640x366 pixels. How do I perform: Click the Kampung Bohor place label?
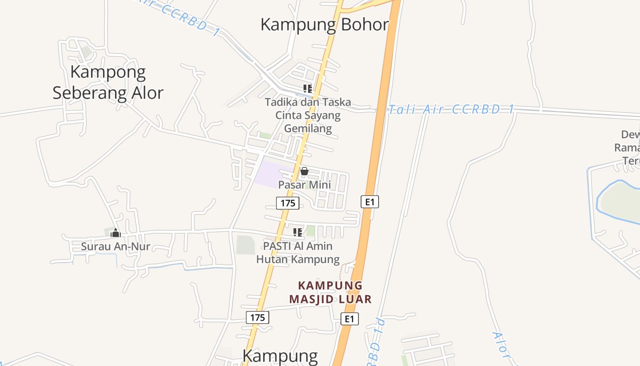(325, 24)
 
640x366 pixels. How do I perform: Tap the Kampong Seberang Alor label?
(108, 82)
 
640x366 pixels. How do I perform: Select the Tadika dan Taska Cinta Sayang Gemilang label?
(308, 115)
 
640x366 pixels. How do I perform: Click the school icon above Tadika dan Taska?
(308, 88)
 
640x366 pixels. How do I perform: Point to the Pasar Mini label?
(304, 185)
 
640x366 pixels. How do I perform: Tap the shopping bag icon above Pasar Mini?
(304, 172)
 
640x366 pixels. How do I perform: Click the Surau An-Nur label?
(116, 246)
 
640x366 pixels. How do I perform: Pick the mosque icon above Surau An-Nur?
(116, 233)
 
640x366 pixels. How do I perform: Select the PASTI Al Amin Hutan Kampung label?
(298, 253)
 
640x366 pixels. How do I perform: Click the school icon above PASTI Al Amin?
(298, 232)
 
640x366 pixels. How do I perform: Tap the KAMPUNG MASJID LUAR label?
(330, 292)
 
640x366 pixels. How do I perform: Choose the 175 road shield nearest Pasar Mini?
(288, 203)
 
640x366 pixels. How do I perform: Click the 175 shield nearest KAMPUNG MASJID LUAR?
(257, 318)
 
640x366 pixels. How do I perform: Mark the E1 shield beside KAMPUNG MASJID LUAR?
(349, 319)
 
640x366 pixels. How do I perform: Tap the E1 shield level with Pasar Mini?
(369, 202)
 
